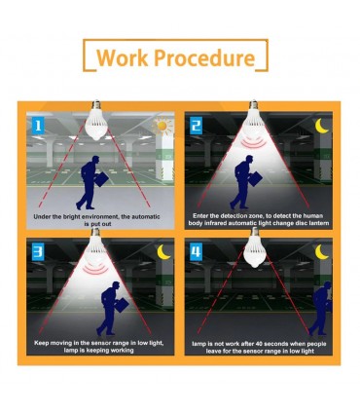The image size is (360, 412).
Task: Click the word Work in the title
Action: [x=123, y=57]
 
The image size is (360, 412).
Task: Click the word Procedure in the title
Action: [x=204, y=57]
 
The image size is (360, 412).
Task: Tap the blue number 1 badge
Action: [x=38, y=126]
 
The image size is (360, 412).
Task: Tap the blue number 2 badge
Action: [x=196, y=126]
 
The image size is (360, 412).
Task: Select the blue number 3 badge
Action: [x=38, y=252]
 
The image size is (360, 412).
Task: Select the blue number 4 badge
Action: [x=196, y=252]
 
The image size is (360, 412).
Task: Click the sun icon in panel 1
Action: [x=162, y=126]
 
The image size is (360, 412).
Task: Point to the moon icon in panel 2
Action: [x=322, y=126]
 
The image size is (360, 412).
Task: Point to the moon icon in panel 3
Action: [x=163, y=252]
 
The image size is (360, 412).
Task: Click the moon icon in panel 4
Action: [x=322, y=252]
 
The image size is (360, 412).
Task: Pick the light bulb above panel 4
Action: [x=255, y=247]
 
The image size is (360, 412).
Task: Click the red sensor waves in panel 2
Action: [x=255, y=142]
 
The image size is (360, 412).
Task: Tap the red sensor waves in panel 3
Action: [x=95, y=269]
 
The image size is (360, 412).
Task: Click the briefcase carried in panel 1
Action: [x=103, y=179]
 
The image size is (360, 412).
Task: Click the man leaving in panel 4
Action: [x=320, y=308]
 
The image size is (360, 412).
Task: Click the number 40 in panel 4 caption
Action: [x=260, y=344]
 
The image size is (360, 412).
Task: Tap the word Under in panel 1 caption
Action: [x=41, y=216]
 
